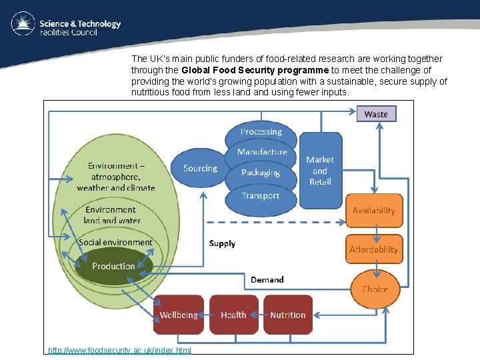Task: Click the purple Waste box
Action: [x=376, y=114]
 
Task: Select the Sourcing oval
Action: [x=200, y=168]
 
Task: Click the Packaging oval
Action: [x=261, y=173]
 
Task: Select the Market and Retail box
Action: [x=321, y=171]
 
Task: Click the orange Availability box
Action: [x=374, y=211]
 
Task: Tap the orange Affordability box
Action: [x=374, y=249]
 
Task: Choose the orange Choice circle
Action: [x=375, y=289]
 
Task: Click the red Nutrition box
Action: [x=288, y=315]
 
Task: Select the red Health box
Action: [x=234, y=315]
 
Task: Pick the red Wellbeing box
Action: [x=179, y=315]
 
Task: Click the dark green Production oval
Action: [x=113, y=266]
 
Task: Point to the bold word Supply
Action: [x=222, y=244]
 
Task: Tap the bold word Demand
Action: [x=267, y=280]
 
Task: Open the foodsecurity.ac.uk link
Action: [x=120, y=350]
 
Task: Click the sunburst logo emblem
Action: [x=23, y=23]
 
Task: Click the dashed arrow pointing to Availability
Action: [x=276, y=222]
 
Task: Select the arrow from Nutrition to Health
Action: [x=259, y=315]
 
